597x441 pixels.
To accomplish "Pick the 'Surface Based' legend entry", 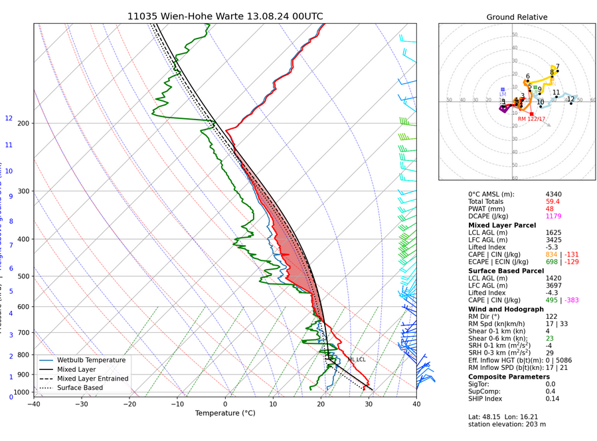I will [80, 388].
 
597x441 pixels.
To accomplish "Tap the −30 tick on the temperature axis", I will [82, 403].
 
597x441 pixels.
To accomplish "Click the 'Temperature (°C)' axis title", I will [225, 413].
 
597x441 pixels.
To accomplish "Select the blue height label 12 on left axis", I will [9, 118].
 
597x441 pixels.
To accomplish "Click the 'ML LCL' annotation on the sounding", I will [356, 359].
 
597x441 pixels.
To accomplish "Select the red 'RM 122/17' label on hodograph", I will [531, 119].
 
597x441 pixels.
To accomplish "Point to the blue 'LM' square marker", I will [503, 89].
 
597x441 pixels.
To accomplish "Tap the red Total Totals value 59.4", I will [553, 201].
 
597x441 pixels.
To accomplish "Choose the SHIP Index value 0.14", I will [553, 398].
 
